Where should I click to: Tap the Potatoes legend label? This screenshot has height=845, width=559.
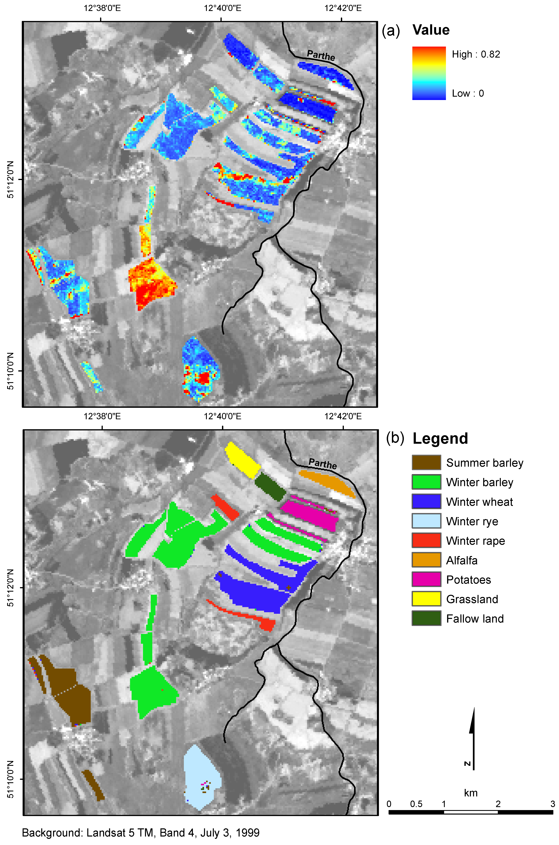click(x=468, y=580)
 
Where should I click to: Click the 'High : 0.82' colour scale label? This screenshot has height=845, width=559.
click(x=476, y=54)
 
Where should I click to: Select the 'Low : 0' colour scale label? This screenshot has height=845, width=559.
click(x=468, y=94)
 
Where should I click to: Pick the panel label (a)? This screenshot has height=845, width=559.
click(x=391, y=31)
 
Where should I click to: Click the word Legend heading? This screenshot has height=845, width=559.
click(x=440, y=438)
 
